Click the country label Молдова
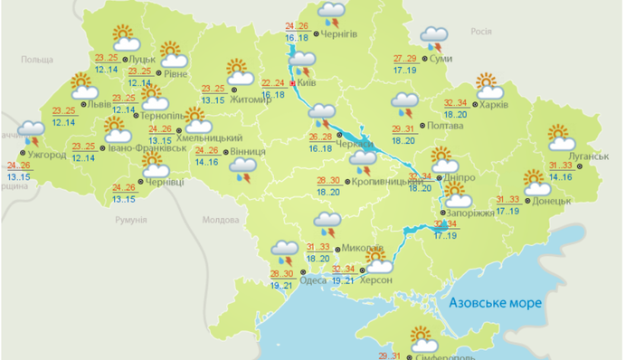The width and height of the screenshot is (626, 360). point(220,220)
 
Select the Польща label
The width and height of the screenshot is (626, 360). point(37,59)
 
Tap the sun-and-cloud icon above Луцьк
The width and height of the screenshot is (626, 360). point(124,39)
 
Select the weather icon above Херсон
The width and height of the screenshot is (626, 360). point(375,261)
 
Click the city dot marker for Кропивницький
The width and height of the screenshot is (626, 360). point(347,183)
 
